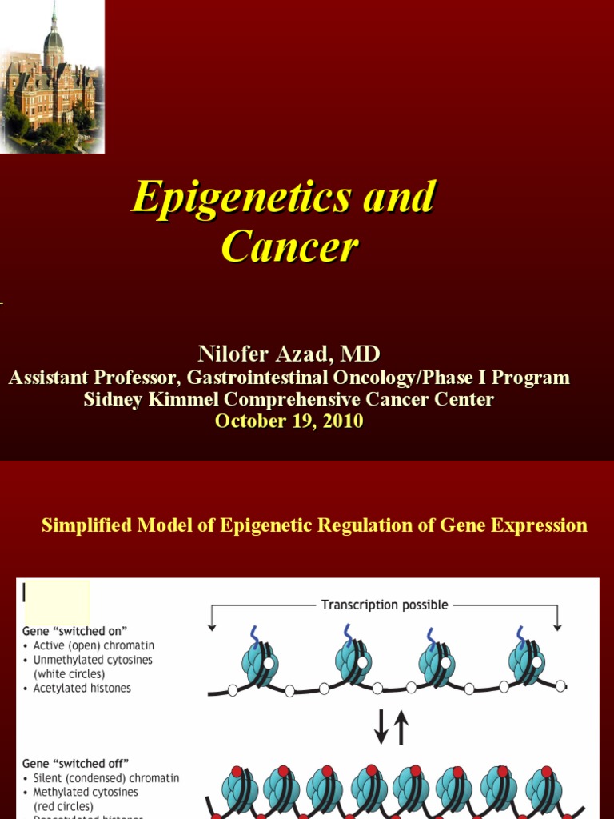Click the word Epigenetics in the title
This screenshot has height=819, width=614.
tap(240, 197)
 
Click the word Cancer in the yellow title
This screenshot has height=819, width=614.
tap(289, 246)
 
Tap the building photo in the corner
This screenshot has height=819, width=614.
tap(52, 77)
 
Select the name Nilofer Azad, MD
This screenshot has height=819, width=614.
tap(289, 354)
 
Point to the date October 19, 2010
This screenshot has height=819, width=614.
tap(289, 421)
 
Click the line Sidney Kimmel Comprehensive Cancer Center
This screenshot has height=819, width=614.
tap(289, 399)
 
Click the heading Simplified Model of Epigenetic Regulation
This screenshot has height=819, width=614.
tap(314, 525)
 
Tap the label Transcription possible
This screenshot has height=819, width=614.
tap(385, 605)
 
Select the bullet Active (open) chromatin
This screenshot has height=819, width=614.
tap(94, 645)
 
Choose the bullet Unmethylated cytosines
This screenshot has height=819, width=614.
tap(92, 660)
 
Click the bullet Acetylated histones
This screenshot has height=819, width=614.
tap(82, 688)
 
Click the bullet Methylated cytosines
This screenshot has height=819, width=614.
tap(85, 792)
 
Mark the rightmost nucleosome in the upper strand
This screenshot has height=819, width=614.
tap(527, 661)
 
